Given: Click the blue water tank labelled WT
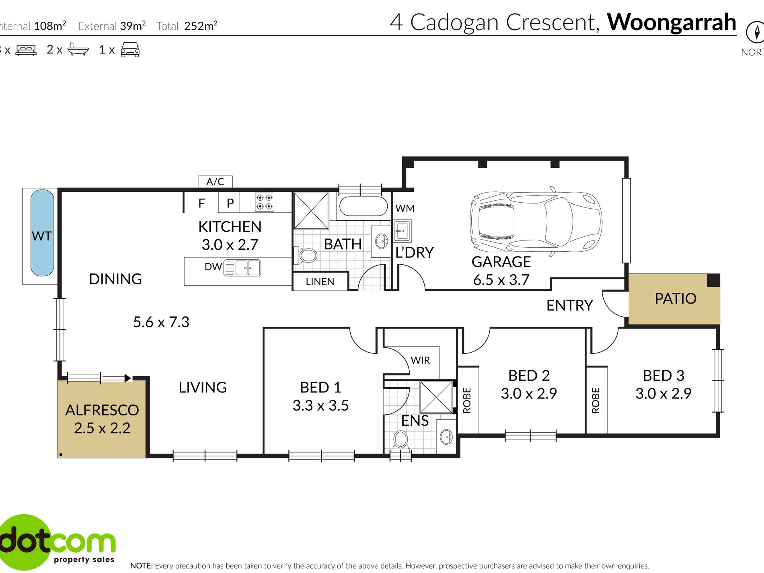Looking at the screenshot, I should (x=42, y=233).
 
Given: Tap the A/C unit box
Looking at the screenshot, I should (x=215, y=182).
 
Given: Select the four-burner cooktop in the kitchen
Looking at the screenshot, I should (x=265, y=202).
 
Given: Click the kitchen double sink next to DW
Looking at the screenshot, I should (x=242, y=268).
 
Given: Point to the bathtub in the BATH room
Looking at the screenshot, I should (x=364, y=206).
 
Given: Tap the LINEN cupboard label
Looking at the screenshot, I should (x=320, y=281).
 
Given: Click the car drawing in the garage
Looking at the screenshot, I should (x=536, y=222).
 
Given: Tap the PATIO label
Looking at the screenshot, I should (x=675, y=299).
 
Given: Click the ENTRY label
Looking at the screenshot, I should (x=569, y=306).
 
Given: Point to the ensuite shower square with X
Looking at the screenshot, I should (x=436, y=397).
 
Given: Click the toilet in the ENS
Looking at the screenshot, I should (x=400, y=440).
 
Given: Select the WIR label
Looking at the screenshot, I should (x=420, y=360).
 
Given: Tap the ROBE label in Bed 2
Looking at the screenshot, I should (x=467, y=400).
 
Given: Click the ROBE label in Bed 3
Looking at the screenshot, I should (x=596, y=400).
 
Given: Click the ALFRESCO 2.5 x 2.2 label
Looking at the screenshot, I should (x=102, y=419).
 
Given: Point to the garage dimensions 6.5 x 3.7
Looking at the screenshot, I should (x=501, y=280).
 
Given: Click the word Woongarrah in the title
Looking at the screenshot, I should (x=671, y=22).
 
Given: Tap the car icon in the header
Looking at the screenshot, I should (x=130, y=50).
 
